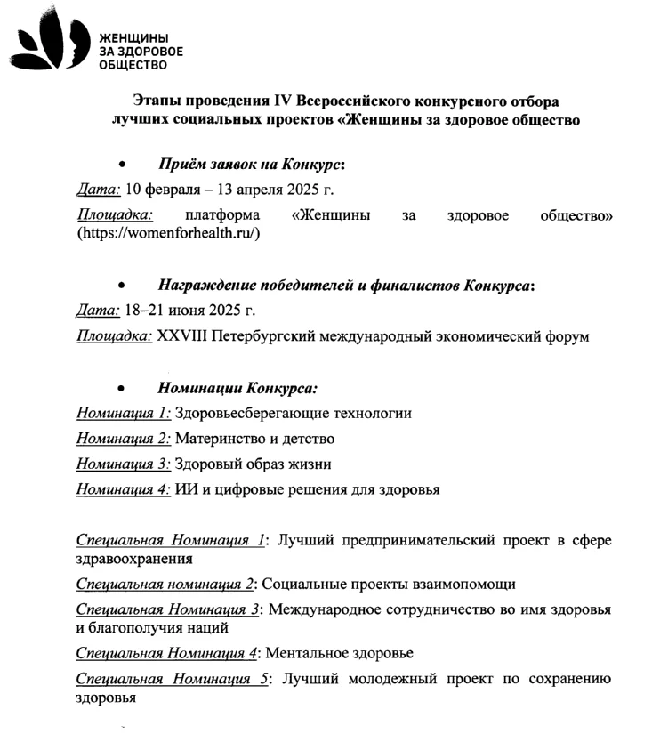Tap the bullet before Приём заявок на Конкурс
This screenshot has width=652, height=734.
coord(122,165)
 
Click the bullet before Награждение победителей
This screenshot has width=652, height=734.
coord(122,286)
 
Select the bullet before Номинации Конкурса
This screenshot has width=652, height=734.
coord(122,389)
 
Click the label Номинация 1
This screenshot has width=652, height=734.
coord(124,413)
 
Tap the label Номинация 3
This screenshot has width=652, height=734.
coord(124,464)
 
